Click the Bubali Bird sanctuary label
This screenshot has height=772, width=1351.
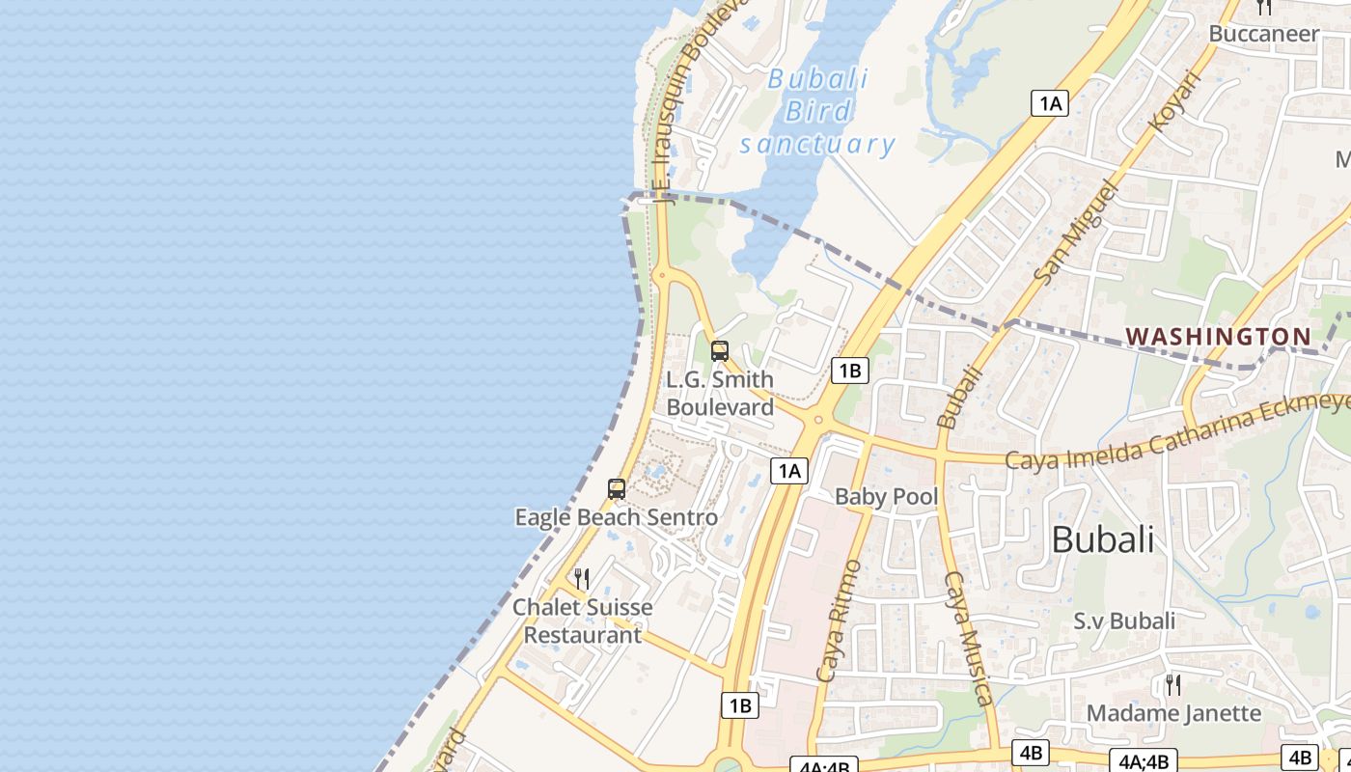click(x=817, y=112)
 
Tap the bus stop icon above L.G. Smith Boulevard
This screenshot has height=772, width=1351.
click(x=719, y=351)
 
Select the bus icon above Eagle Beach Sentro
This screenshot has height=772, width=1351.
click(x=617, y=489)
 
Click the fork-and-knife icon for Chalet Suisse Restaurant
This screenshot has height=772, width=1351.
click(x=582, y=579)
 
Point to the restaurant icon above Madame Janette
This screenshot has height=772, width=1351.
click(x=1173, y=685)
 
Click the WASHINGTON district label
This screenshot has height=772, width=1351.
click(x=1219, y=337)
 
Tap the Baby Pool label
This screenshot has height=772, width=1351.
click(x=886, y=497)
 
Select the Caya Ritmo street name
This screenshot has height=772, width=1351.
click(x=837, y=620)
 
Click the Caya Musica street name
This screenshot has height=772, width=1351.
click(x=969, y=638)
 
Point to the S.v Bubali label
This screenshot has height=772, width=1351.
click(x=1124, y=620)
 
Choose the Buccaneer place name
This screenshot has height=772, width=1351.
click(x=1263, y=34)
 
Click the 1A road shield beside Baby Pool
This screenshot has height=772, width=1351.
click(x=789, y=470)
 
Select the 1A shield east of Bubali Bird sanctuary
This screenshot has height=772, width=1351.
click(x=1050, y=103)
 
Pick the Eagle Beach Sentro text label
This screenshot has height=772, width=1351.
click(x=617, y=517)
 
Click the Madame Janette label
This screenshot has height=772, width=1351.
click(x=1173, y=713)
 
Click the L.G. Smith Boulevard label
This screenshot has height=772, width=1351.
click(x=720, y=393)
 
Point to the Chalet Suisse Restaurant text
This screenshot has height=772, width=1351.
click(x=582, y=620)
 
